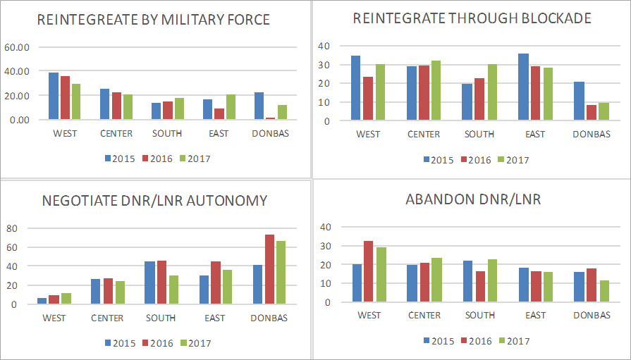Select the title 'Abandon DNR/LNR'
(x=473, y=199)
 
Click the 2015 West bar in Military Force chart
(x=54, y=96)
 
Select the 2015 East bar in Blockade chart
(x=523, y=87)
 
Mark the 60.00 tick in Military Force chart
(x=17, y=47)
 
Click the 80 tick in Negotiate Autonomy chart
(x=12, y=228)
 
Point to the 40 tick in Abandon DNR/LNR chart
(x=326, y=227)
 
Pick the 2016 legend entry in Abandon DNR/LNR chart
(x=475, y=340)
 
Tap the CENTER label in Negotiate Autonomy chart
(x=107, y=318)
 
